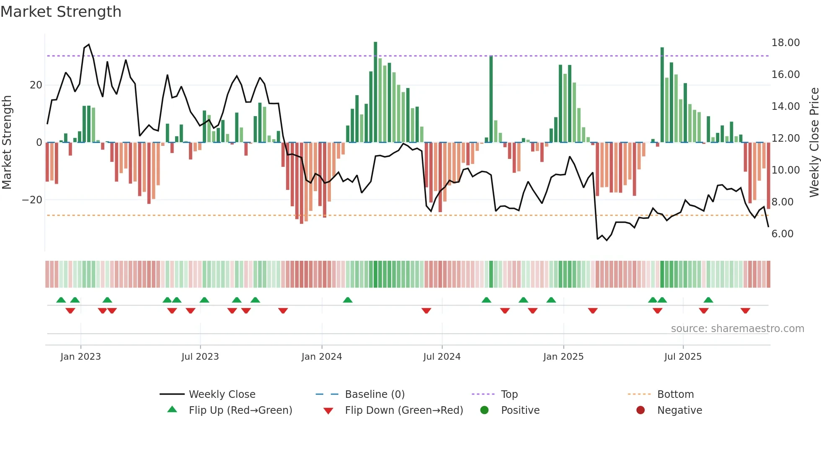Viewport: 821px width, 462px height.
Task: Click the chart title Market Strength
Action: tap(61, 12)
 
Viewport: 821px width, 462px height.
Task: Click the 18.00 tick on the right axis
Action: tap(785, 43)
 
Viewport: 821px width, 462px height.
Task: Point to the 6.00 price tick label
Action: tap(782, 234)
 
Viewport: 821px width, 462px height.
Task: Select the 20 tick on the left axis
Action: tap(36, 85)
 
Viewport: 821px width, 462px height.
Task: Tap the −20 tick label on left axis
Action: tap(32, 200)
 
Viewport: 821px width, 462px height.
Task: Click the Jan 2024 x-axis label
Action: tap(321, 357)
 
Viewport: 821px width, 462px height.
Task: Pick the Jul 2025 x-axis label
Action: tap(682, 357)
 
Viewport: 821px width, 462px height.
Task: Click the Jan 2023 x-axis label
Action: tap(80, 357)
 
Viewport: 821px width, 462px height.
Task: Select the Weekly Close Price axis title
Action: tap(814, 142)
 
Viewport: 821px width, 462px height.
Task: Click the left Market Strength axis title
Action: tap(7, 142)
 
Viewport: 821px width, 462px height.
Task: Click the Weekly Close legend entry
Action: tap(222, 395)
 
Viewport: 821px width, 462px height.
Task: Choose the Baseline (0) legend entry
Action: tap(374, 395)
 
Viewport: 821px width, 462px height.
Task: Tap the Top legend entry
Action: tap(509, 395)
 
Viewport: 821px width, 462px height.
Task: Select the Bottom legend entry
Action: tap(675, 395)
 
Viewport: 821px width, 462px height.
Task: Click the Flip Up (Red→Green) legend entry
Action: tap(240, 410)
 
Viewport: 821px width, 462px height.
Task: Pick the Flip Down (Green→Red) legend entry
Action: tap(404, 410)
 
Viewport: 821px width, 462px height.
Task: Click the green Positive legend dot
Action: tap(484, 410)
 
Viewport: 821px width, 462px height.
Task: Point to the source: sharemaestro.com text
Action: tap(737, 329)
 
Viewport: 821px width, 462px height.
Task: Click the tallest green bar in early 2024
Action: tap(375, 92)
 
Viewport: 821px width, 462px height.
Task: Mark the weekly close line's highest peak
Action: tap(88, 44)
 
